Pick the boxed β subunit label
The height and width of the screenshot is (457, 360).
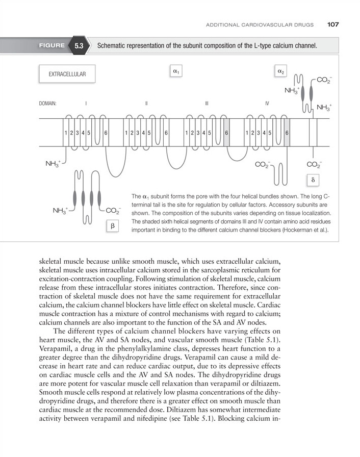pyautogui.click(x=112, y=225)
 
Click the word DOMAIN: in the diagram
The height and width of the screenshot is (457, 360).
pyautogui.click(x=47, y=104)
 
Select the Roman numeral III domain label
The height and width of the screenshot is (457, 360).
pyautogui.click(x=207, y=104)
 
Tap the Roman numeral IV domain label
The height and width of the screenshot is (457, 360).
pyautogui.click(x=267, y=104)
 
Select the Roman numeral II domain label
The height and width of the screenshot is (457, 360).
pyautogui.click(x=146, y=104)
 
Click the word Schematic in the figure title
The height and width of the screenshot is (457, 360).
pyautogui.click(x=113, y=46)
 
